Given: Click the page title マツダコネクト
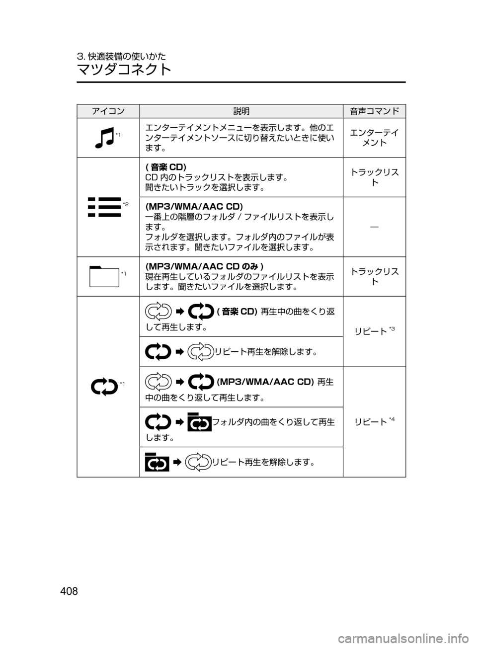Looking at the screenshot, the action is (x=124, y=69).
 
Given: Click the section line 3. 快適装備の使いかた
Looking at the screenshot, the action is (x=122, y=56).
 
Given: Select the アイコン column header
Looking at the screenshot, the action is (x=108, y=111).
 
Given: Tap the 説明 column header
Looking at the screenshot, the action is (x=241, y=111).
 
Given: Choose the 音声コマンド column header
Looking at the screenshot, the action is (x=375, y=111).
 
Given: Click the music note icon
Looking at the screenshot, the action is (x=105, y=138).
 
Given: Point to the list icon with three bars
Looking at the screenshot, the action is (x=104, y=207).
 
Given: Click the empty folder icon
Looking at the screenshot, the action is (x=104, y=276).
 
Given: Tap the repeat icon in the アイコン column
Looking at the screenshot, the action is (x=104, y=387).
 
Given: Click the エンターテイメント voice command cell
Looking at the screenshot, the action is (x=375, y=138).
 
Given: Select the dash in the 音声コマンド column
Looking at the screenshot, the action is (x=375, y=227).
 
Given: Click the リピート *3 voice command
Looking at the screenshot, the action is (x=375, y=331).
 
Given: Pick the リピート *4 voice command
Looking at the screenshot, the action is (x=375, y=421).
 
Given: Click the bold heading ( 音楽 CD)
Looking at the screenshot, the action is (x=166, y=167).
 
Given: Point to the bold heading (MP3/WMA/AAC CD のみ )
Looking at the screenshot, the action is (x=204, y=266).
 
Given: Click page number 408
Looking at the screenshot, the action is (x=69, y=591).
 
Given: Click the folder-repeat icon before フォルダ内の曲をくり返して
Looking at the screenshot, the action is (x=199, y=422).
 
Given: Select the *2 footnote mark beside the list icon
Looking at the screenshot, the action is (x=126, y=204).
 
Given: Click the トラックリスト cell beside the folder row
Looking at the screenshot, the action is (x=375, y=276).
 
